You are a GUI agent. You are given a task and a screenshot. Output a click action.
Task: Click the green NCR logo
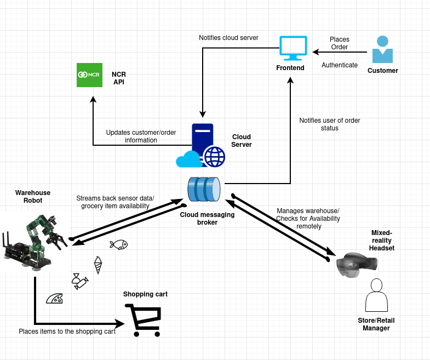click(x=90, y=75)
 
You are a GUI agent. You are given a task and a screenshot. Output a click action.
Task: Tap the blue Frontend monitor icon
click(x=293, y=48)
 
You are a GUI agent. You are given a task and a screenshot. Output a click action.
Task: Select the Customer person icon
click(x=382, y=50)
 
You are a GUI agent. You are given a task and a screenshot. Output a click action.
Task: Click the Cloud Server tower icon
click(x=202, y=142)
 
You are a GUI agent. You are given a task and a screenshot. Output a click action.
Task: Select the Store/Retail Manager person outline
click(x=376, y=296)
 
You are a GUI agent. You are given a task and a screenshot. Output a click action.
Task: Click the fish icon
click(x=118, y=244)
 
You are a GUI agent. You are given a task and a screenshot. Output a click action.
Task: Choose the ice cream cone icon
click(x=98, y=265)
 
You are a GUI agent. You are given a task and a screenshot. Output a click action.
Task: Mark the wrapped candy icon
click(x=79, y=281)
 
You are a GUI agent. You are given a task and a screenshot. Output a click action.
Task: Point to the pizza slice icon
click(x=55, y=298)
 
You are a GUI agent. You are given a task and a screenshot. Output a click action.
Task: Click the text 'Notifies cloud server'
click(x=228, y=38)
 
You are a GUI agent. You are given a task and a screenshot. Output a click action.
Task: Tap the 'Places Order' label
click(x=340, y=43)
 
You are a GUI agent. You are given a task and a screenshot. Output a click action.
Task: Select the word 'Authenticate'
click(x=340, y=65)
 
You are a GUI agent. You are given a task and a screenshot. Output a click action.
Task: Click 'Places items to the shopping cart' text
click(x=67, y=332)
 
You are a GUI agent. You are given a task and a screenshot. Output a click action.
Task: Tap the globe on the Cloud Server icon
click(x=215, y=156)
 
